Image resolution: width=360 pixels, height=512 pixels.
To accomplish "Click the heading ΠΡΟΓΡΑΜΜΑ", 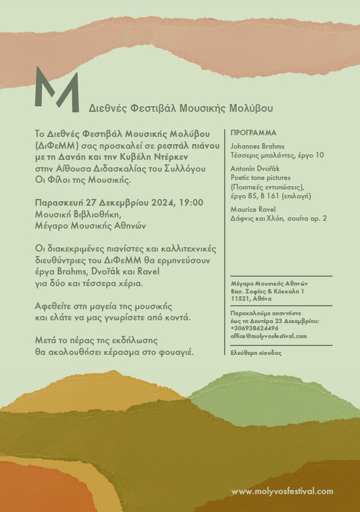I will coord(253,133).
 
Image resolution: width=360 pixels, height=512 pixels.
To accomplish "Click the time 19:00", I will coord(191,202).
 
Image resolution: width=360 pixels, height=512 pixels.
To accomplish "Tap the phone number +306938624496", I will coord(254,329).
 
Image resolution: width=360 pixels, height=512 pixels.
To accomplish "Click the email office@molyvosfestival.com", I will coord(268,336).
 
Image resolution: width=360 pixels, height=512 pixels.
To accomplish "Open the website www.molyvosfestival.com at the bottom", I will coord(282,491).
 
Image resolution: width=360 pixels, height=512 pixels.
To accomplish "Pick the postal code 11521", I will coord(239,299).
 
